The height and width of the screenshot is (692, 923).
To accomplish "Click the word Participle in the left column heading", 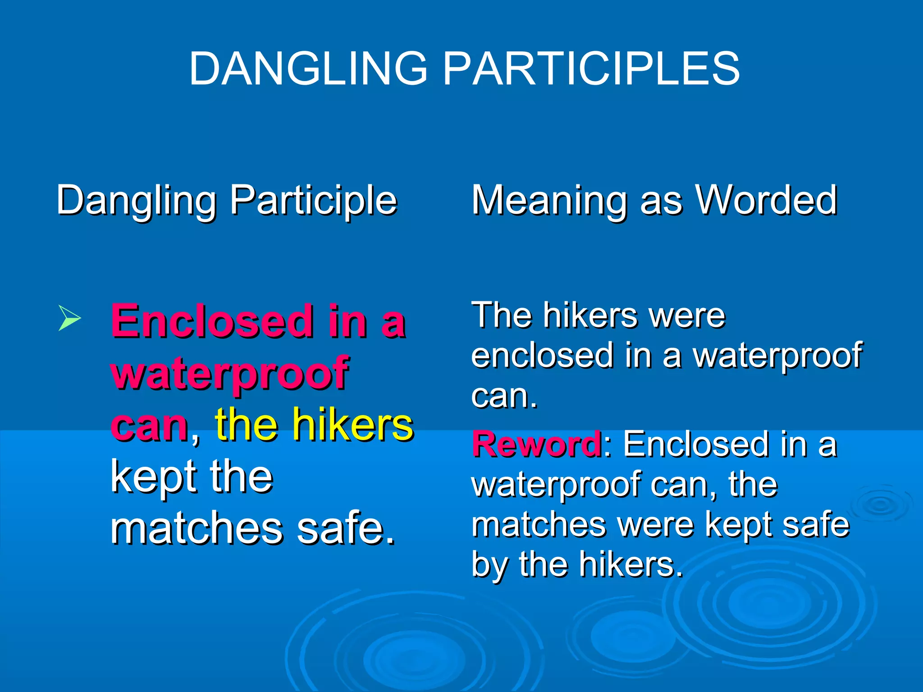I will tap(313, 200).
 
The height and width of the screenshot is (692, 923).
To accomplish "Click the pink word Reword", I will tap(536, 445).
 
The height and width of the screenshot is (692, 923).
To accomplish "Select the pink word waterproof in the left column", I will tap(229, 373).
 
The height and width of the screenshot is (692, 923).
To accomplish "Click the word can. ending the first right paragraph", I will tap(504, 396).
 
